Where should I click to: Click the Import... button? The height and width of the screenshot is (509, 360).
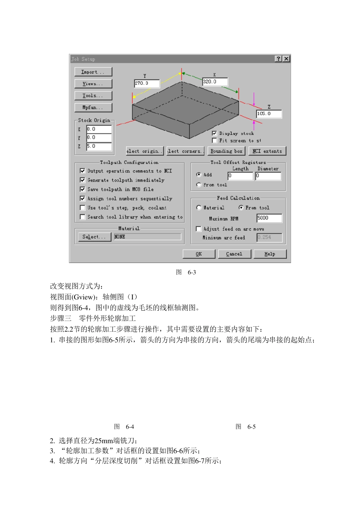tap(93, 72)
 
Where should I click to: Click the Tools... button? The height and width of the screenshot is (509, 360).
tap(93, 96)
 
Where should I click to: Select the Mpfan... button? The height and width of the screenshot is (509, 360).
tap(93, 108)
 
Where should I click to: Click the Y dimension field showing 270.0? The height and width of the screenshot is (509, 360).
tap(147, 83)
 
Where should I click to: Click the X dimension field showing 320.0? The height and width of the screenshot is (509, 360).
tap(215, 82)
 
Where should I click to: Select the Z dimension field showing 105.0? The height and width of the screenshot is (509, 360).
tap(269, 114)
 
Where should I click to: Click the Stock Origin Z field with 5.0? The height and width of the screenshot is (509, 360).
tap(99, 146)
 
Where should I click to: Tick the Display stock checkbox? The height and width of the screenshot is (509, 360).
tap(214, 133)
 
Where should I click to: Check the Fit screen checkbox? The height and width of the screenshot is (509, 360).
tap(214, 141)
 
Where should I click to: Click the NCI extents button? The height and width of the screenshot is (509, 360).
tap(267, 151)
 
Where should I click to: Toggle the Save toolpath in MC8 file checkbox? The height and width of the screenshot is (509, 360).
tap(83, 190)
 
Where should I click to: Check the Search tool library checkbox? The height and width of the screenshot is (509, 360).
tap(83, 217)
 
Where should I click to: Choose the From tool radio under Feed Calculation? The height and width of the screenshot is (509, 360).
tap(241, 208)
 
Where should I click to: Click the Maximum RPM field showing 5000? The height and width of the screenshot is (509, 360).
tap(269, 218)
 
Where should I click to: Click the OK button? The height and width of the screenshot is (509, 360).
tap(199, 254)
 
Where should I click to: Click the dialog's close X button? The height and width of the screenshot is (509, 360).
tap(286, 59)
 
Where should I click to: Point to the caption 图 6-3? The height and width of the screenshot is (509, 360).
tap(186, 273)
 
